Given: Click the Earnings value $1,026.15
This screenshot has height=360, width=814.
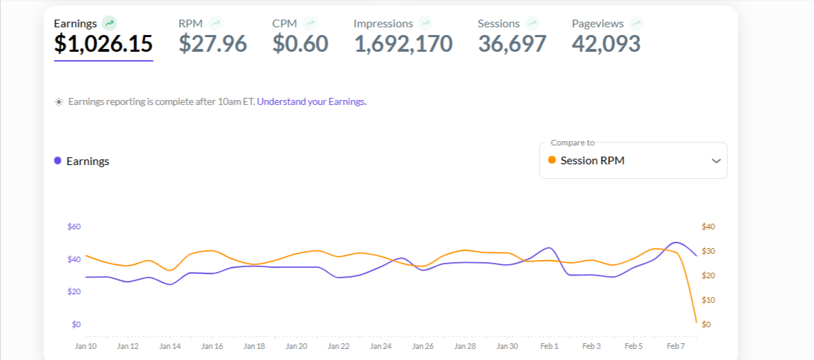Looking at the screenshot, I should point(103,44).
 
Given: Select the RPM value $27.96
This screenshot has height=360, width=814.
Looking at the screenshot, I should point(212,44).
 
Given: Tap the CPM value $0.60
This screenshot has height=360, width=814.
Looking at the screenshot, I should point(300,44).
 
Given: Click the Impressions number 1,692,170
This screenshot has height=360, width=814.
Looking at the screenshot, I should point(403,44).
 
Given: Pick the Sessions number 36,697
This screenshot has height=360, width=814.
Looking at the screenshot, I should point(512,44).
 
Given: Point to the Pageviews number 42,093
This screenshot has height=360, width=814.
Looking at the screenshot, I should point(606,44).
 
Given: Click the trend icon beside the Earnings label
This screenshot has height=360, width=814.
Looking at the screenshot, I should point(109,23).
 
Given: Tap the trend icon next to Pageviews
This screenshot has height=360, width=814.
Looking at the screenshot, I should point(636,23).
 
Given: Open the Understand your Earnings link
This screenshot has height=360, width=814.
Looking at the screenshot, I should point(312,101).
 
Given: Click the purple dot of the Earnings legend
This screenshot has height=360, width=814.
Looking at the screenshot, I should point(57,161).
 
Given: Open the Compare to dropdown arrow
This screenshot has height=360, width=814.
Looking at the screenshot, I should point(715,161).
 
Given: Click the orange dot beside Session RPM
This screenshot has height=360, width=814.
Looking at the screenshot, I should point(552,160).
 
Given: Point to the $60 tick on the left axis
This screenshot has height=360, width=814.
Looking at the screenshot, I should point(74,226).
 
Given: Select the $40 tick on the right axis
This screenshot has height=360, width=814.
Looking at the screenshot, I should point(708,226).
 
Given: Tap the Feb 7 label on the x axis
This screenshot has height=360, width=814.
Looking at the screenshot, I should point(676,346).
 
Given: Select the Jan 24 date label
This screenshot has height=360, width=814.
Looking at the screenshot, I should point(381,346).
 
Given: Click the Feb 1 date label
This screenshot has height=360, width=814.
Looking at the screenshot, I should point(549,346).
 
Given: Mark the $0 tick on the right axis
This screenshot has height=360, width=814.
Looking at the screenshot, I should point(706,324).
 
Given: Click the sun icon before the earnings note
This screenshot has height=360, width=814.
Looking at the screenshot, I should point(59,102).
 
